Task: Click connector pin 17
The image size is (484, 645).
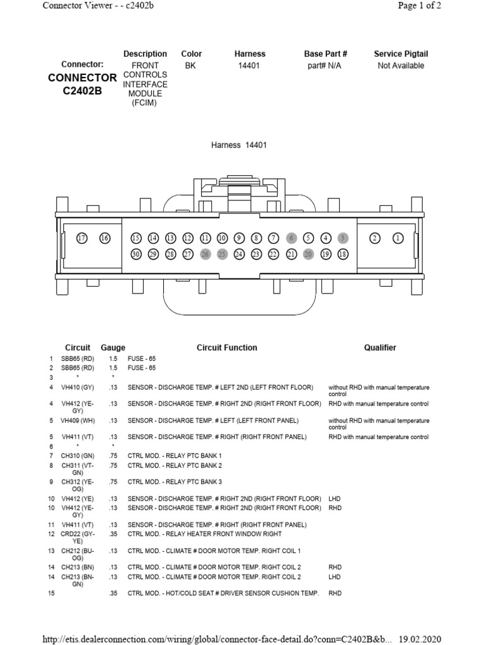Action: point(81,238)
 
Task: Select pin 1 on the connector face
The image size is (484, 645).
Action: point(398,238)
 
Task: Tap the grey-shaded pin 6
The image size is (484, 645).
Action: point(291,238)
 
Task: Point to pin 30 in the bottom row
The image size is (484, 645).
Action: point(136,254)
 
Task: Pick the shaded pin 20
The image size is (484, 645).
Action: point(308,254)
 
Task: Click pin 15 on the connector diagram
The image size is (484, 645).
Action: point(136,238)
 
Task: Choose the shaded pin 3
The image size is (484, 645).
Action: point(342,238)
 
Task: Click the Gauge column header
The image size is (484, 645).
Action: point(113,348)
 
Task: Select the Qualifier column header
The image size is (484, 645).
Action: point(380,348)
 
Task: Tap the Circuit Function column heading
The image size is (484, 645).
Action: point(227,348)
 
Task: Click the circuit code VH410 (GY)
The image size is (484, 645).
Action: point(78,387)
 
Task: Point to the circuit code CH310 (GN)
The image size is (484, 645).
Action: point(78,455)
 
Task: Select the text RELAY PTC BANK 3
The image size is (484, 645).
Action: point(182,482)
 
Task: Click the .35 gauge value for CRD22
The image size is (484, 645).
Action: point(113,534)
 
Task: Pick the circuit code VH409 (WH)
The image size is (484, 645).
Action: point(78,420)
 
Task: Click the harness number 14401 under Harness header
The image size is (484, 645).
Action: point(250,66)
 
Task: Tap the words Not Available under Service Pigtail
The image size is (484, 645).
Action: point(401,66)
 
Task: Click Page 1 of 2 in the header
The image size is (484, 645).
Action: point(420,6)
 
